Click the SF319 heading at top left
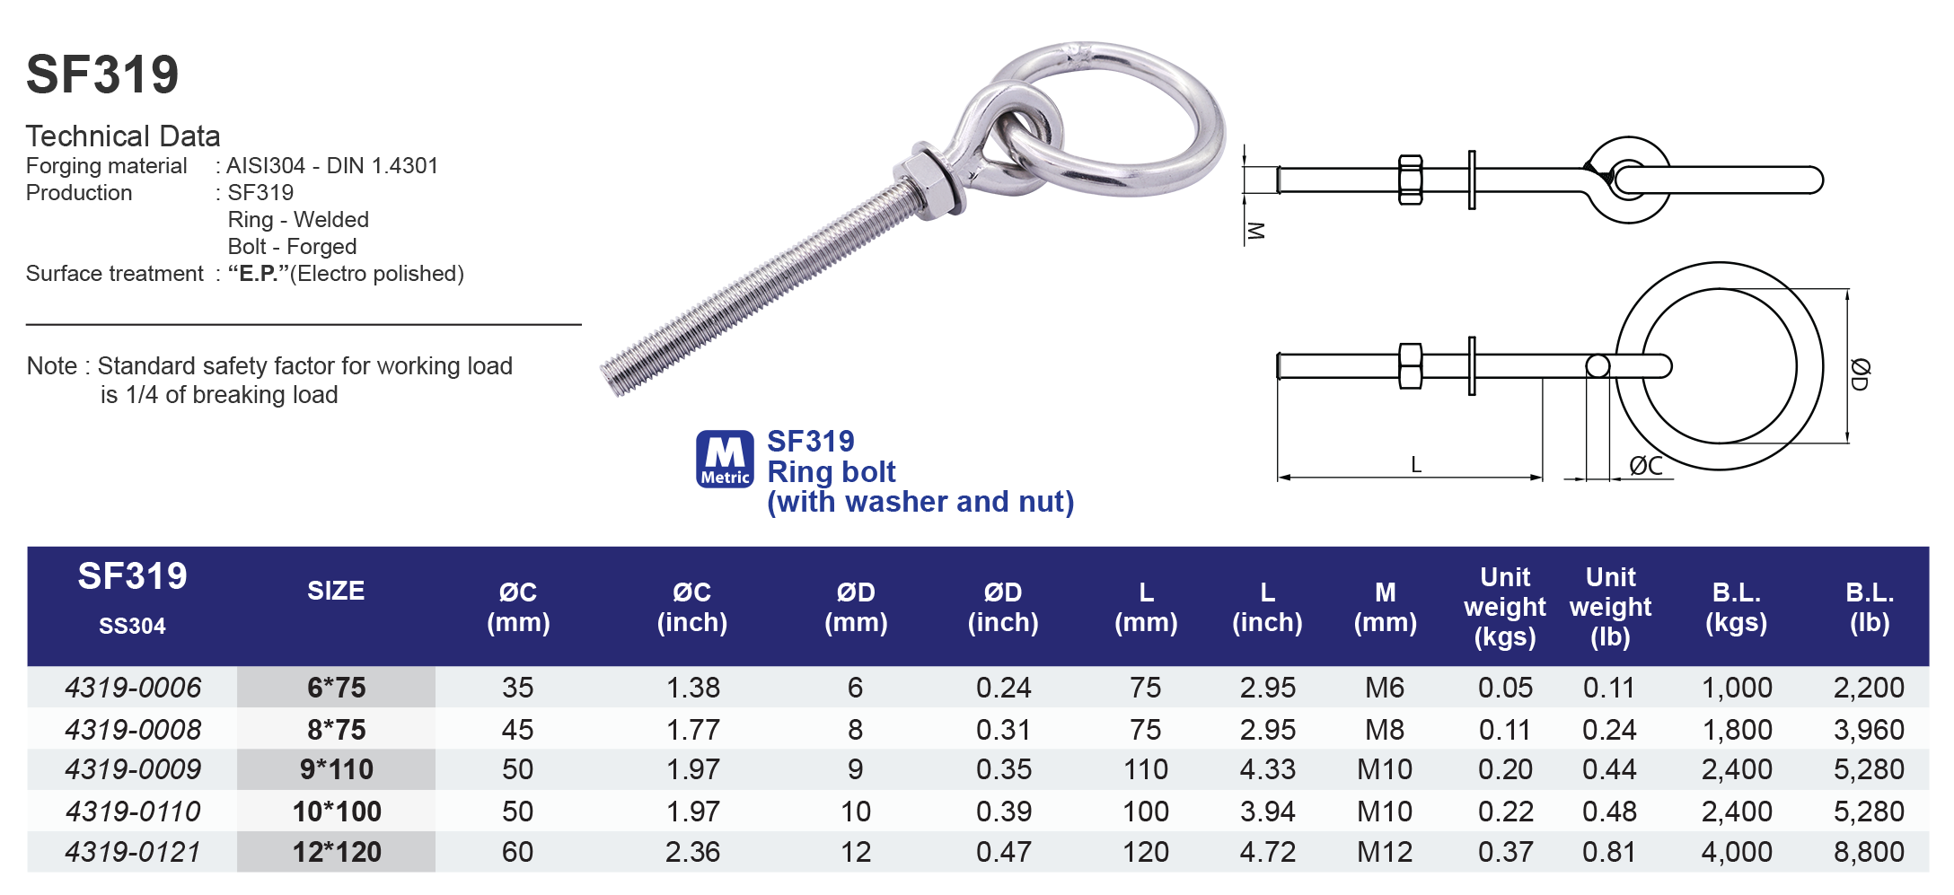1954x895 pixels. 102,75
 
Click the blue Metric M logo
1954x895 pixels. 725,459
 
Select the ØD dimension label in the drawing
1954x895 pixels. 1860,373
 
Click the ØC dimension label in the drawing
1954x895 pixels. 1645,466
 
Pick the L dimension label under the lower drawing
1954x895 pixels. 1415,465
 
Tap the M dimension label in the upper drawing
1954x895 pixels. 1255,231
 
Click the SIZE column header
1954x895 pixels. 336,591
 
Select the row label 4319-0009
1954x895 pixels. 133,769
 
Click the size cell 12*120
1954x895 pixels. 337,852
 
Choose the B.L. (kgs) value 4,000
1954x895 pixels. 1736,852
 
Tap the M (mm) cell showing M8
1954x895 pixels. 1384,730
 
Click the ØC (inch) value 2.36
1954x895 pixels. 692,852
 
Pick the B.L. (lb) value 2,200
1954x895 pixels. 1868,688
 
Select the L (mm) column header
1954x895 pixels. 1146,607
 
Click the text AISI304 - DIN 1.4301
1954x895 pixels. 332,166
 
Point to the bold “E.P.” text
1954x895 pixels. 258,274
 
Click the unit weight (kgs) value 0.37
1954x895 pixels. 1505,852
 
